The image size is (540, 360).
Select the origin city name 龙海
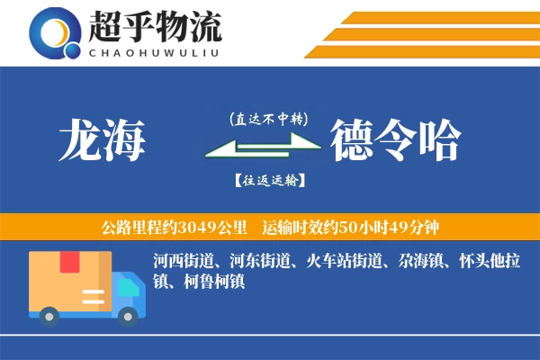pos(101,139)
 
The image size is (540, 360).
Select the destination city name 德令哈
pos(396,139)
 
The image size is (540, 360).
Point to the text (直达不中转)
pos(269,118)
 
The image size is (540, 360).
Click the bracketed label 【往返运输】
pos(269,180)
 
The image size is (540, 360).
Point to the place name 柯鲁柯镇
pos(214,281)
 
